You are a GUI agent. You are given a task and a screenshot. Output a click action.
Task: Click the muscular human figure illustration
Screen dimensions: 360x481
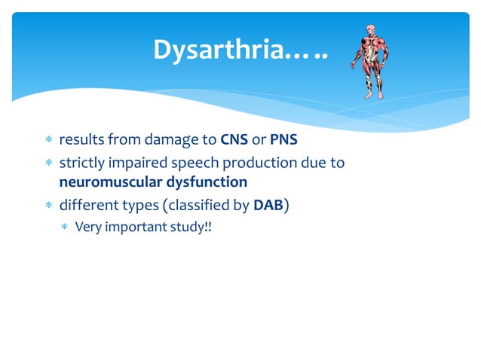coord(370,60)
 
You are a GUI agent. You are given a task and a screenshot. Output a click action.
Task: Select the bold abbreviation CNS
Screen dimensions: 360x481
coord(234,140)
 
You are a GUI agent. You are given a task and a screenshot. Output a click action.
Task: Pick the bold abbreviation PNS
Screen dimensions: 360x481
coord(284,140)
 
